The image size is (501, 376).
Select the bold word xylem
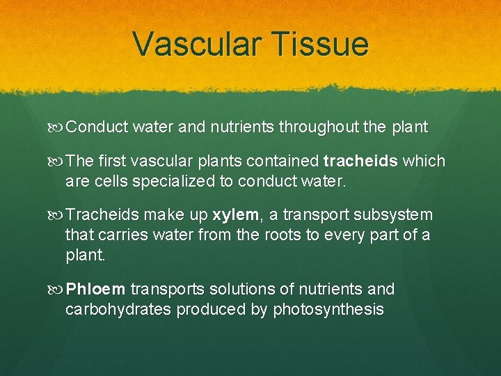(x=237, y=214)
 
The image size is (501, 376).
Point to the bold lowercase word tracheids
(x=360, y=162)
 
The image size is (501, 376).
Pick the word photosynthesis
(x=328, y=309)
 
